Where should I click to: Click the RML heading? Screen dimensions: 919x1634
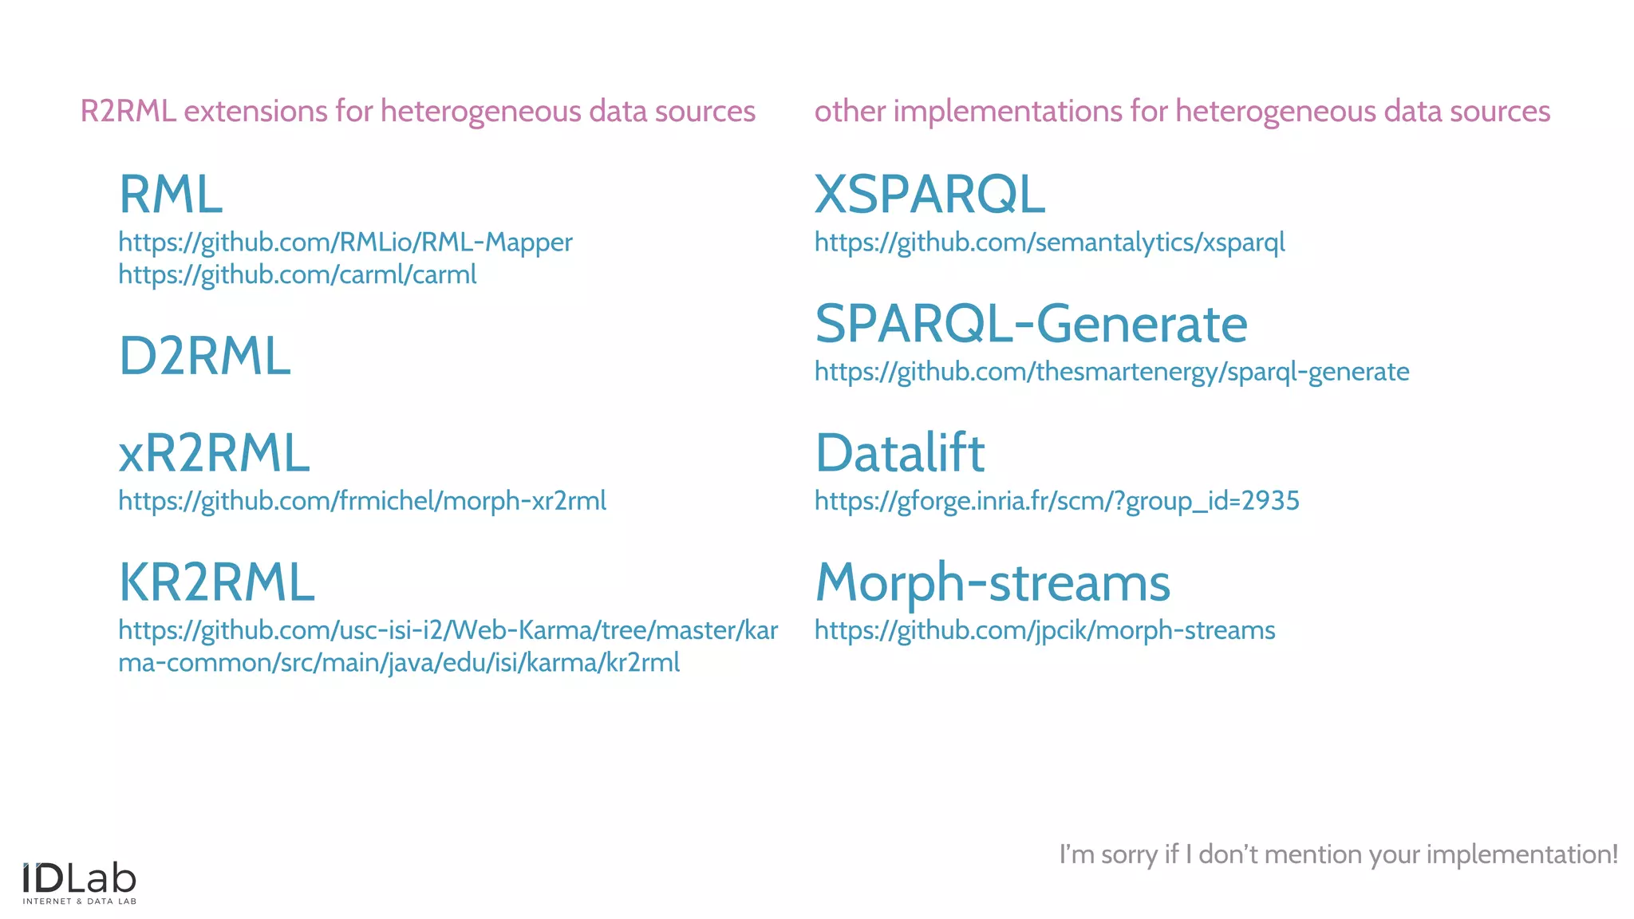click(170, 195)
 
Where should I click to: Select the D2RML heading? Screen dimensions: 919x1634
click(204, 356)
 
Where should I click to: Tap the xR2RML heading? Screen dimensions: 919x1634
click(214, 453)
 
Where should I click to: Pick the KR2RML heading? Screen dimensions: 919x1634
click(216, 582)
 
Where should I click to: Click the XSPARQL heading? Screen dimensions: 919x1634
click(929, 195)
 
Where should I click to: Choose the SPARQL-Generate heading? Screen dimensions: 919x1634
click(1031, 324)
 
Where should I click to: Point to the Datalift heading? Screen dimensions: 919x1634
click(900, 453)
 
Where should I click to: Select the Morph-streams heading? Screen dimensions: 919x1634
click(993, 582)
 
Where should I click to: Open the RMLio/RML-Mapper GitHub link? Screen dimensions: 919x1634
click(345, 243)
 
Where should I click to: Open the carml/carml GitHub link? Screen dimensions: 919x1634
click(297, 275)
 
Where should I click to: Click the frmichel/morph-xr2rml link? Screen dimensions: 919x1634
click(362, 501)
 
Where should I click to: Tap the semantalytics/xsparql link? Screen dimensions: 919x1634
click(1049, 243)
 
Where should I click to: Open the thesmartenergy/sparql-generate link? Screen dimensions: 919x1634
click(1111, 372)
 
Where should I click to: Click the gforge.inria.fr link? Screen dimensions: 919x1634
click(1056, 501)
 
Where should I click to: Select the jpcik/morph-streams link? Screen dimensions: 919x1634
click(1044, 630)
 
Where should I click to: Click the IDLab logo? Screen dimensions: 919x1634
click(79, 882)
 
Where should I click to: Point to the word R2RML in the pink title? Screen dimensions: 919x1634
click(128, 112)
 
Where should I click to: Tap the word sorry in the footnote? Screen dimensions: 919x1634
click(1129, 854)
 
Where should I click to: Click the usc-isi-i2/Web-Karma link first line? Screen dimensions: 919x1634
click(448, 630)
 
